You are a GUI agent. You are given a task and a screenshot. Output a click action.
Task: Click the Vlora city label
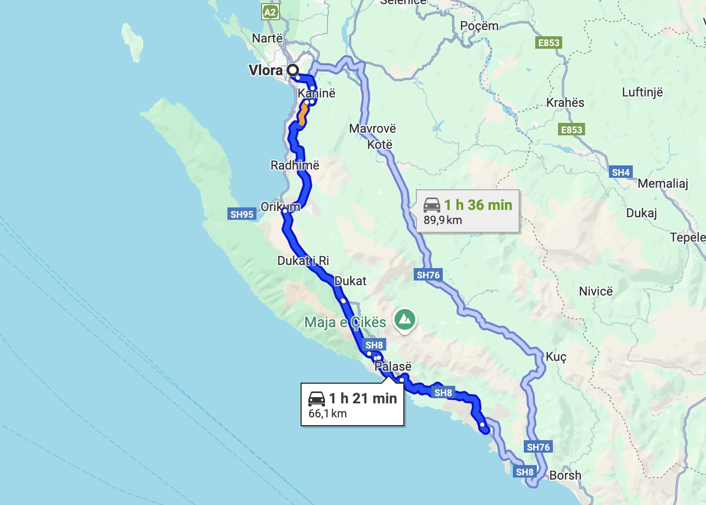tap(265, 71)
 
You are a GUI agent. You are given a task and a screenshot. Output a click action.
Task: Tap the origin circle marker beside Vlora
tap(293, 70)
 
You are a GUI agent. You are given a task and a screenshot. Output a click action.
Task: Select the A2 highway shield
tap(270, 12)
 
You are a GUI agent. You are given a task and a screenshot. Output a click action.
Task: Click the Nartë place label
tap(267, 38)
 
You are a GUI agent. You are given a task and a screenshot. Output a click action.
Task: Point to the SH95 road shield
tap(242, 214)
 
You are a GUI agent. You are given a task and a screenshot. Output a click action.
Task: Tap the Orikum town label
tap(280, 207)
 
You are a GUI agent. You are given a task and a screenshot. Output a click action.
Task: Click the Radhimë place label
tap(295, 165)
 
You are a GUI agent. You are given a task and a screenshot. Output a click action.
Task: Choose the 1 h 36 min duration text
tap(478, 205)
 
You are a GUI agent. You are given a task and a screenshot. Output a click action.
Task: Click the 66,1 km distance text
tap(328, 414)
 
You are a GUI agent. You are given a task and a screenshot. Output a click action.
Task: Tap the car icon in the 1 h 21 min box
tap(317, 399)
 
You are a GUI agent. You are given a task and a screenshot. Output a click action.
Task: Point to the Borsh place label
tap(565, 475)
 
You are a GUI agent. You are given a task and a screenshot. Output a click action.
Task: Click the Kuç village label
tap(556, 357)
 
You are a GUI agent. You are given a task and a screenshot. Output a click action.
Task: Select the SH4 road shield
tap(621, 172)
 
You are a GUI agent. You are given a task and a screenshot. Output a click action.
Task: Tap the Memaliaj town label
tap(663, 184)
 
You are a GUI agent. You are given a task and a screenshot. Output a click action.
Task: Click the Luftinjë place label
tap(643, 92)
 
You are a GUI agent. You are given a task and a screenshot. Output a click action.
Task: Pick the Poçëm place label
tap(479, 26)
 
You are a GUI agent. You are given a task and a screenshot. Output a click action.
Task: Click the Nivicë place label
tap(596, 291)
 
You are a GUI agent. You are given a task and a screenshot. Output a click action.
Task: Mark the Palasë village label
tap(393, 367)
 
